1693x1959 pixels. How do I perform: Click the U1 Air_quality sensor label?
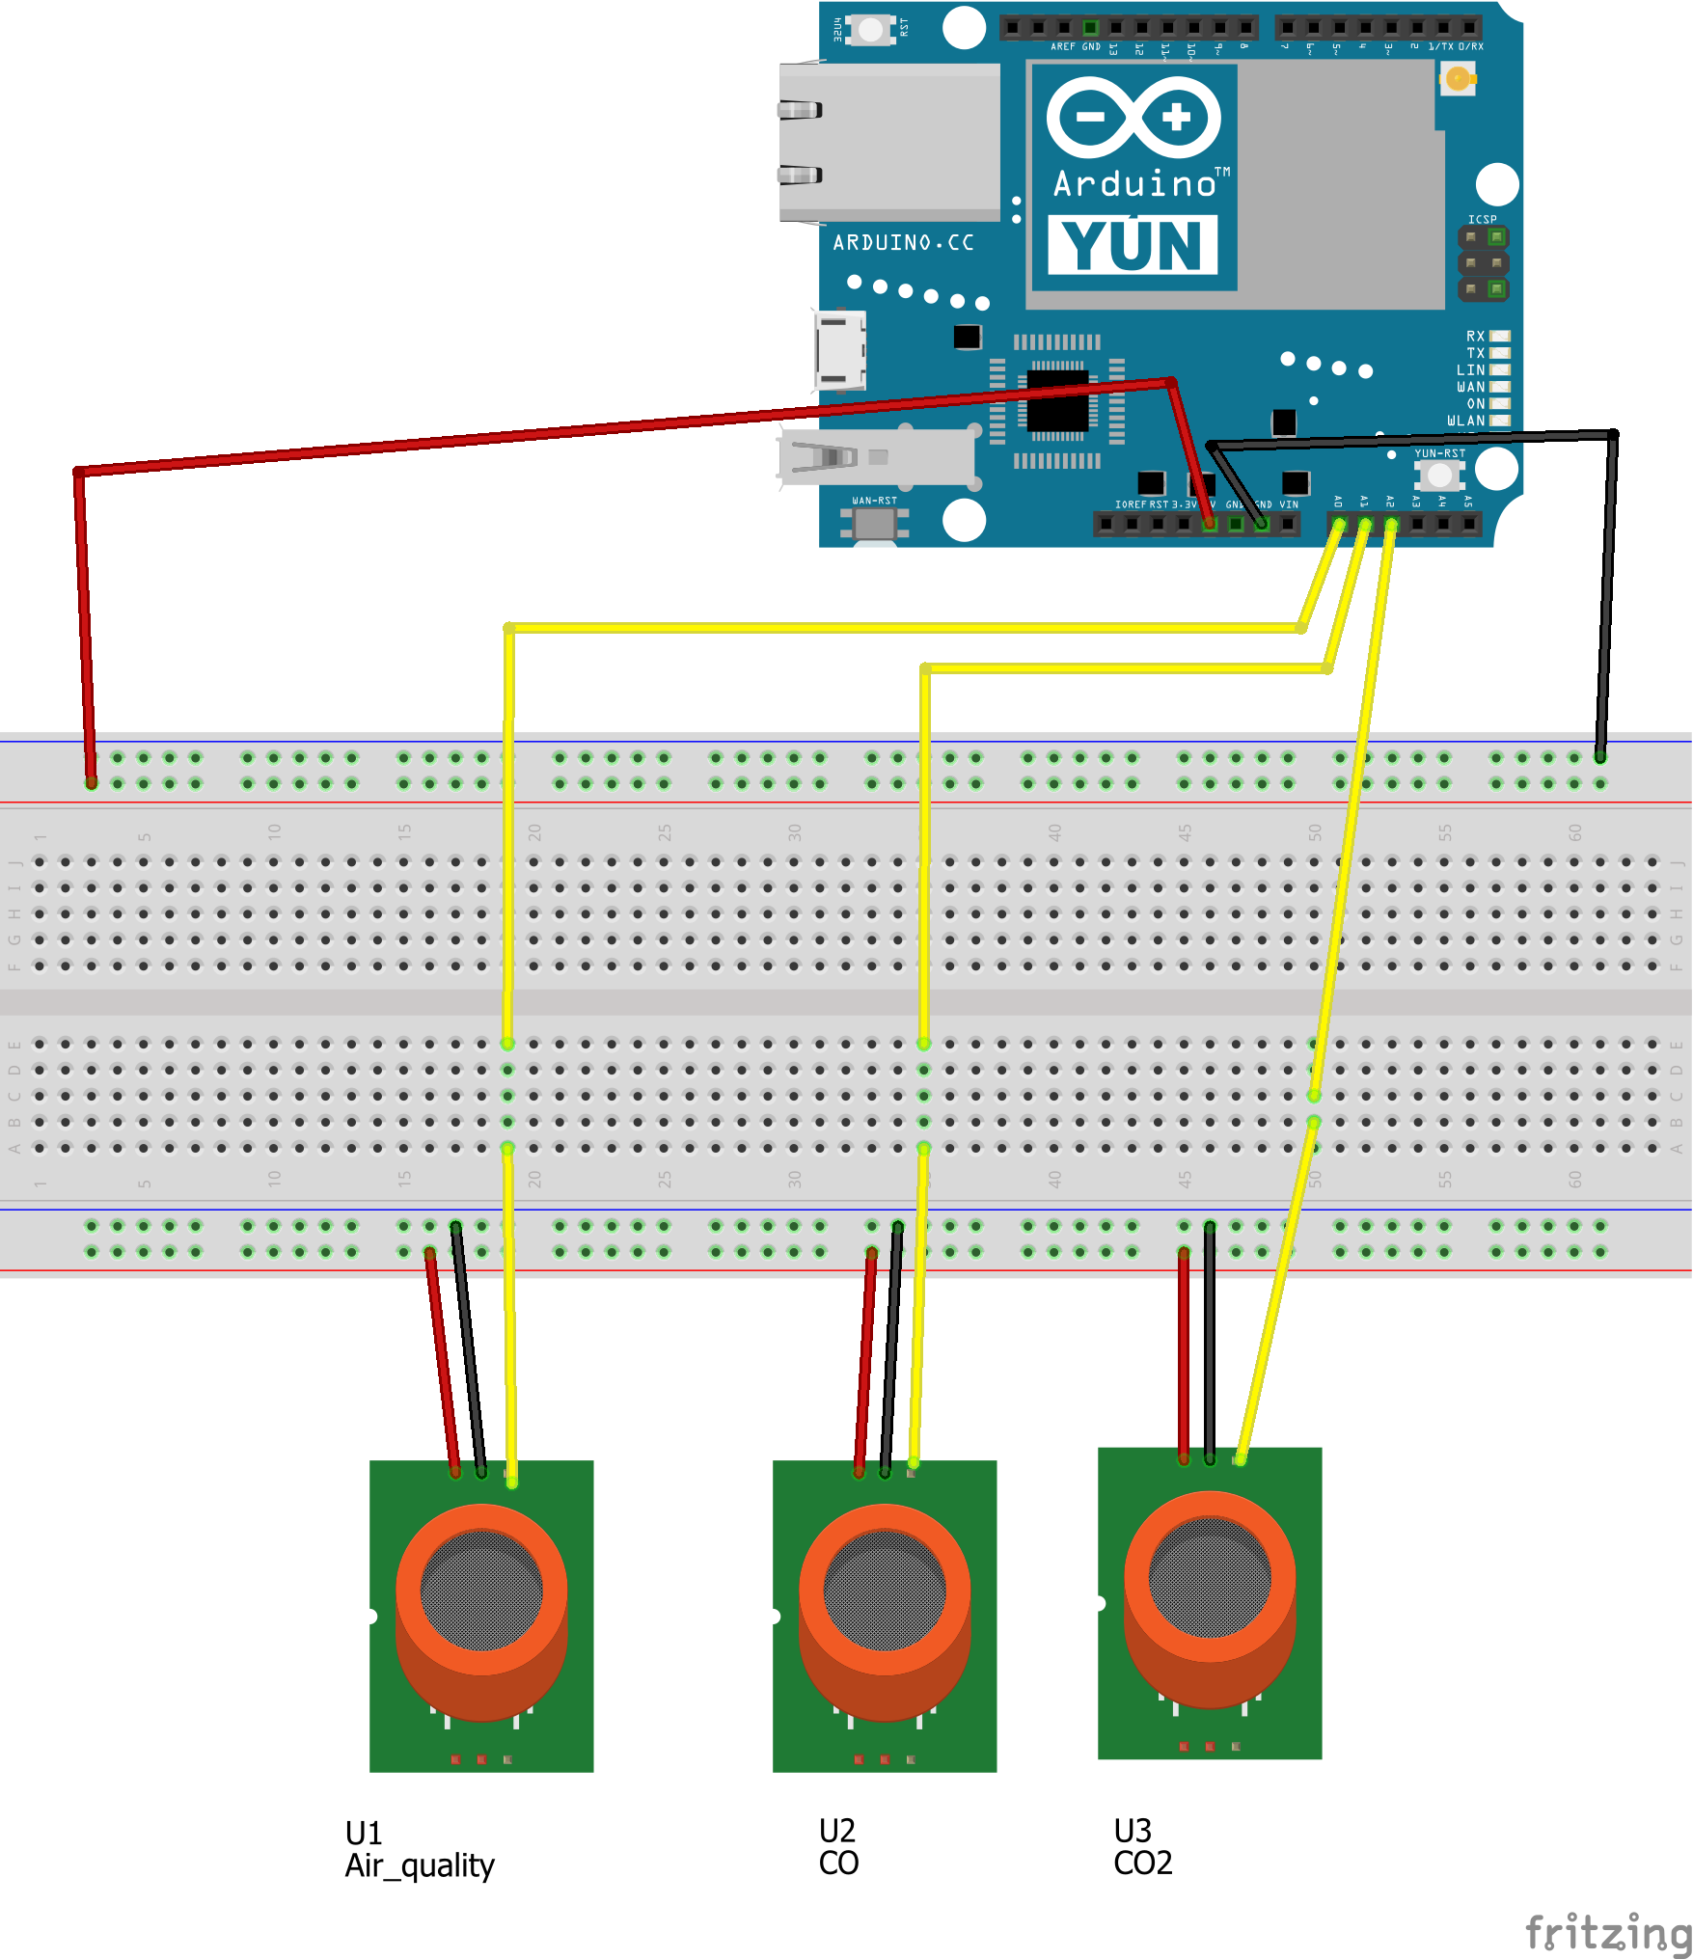point(419,1849)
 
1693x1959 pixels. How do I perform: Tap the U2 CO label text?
point(838,1846)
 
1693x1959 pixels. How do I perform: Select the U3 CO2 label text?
point(1142,1846)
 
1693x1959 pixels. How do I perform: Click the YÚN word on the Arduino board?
point(1133,245)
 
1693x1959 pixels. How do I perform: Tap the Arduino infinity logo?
point(1133,118)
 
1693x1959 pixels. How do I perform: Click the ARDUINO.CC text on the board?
point(903,243)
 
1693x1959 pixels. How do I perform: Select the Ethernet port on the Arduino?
point(887,143)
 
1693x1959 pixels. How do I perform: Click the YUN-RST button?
point(1439,475)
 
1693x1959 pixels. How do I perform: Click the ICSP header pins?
point(1483,262)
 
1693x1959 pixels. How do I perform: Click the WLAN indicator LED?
point(1499,421)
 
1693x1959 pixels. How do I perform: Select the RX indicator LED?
point(1499,336)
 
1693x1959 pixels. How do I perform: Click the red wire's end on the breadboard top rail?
point(91,782)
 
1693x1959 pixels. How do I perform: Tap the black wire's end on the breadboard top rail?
point(1600,756)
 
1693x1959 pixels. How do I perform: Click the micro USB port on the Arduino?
point(839,350)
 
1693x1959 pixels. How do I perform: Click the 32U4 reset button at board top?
point(870,29)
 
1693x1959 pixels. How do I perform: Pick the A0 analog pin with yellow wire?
point(1339,524)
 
